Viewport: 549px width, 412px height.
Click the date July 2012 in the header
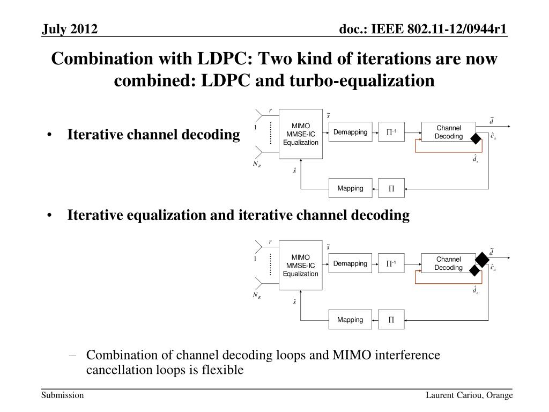point(70,30)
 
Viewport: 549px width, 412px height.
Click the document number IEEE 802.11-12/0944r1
point(424,30)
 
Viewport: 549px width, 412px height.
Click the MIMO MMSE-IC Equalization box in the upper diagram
point(301,134)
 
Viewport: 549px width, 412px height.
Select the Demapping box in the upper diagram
point(350,132)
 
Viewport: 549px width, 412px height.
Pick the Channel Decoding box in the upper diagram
point(448,132)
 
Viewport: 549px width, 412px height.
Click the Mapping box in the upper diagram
point(350,188)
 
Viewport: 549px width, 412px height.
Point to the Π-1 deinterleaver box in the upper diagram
point(391,132)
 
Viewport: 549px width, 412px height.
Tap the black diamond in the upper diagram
point(475,139)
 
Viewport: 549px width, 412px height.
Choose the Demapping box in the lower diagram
point(350,263)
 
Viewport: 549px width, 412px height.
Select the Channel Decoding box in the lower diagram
point(448,263)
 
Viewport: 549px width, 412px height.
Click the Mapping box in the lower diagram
point(350,320)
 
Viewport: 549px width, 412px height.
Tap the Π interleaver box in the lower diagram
point(391,320)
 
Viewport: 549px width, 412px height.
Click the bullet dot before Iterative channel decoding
point(49,135)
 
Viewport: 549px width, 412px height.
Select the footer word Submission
point(63,395)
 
